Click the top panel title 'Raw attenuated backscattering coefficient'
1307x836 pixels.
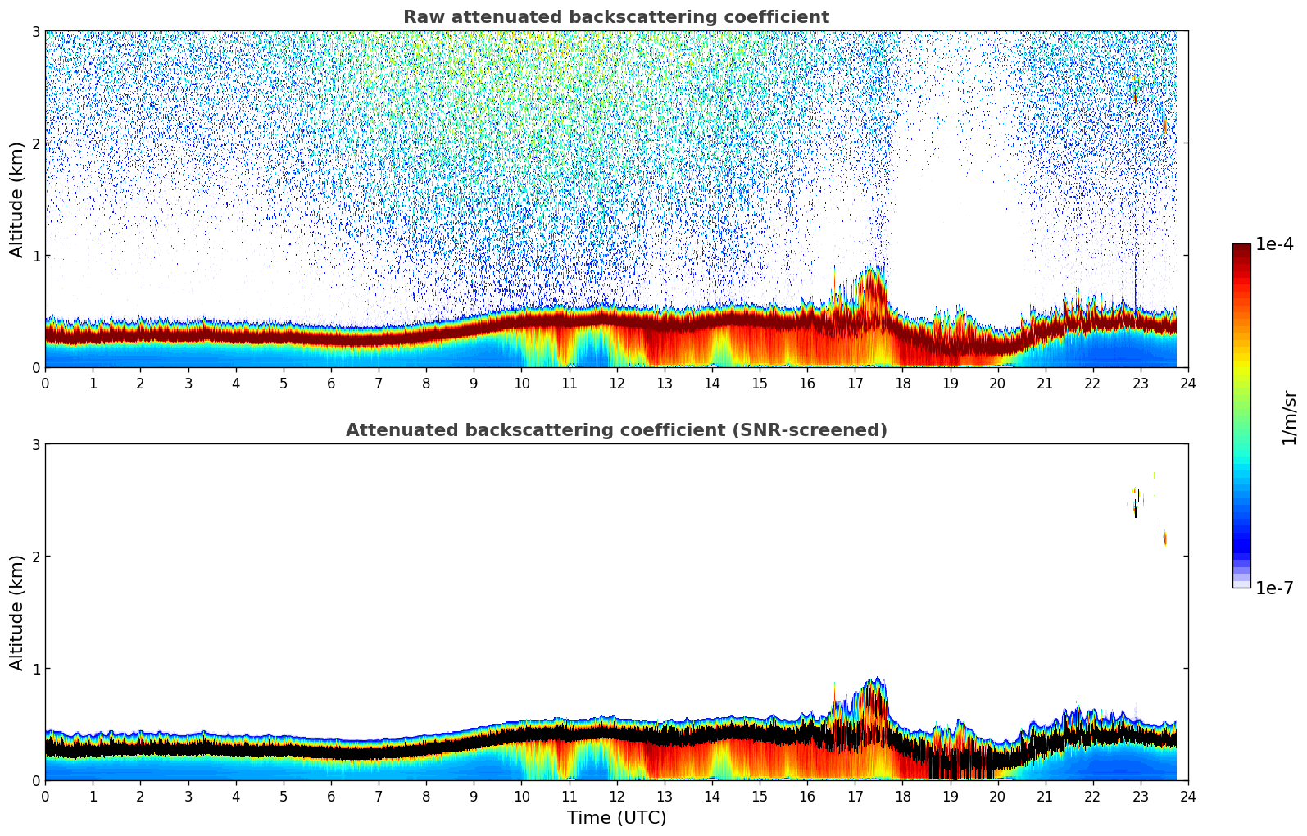coord(615,17)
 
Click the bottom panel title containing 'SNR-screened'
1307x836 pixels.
coord(615,430)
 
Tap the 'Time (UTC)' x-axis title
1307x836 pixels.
coord(616,818)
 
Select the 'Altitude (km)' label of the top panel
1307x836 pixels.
coord(17,199)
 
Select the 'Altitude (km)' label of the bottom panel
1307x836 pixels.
coord(17,612)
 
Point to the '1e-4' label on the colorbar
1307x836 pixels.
coord(1274,244)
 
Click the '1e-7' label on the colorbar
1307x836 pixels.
coord(1274,588)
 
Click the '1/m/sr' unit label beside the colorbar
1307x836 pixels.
coord(1289,417)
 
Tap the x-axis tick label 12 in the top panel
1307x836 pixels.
coord(616,384)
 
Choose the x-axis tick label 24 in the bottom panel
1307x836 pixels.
coord(1187,797)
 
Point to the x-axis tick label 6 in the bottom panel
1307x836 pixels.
coord(331,797)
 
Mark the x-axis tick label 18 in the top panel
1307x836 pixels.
coord(902,384)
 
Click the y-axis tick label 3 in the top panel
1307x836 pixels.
coord(35,31)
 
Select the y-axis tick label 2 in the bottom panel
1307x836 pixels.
coord(35,557)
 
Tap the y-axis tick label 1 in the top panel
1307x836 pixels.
coord(35,256)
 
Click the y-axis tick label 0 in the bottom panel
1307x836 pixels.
coord(35,780)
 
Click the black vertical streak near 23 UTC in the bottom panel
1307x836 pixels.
coord(1137,506)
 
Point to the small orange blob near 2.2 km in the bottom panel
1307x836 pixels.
coord(1164,538)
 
